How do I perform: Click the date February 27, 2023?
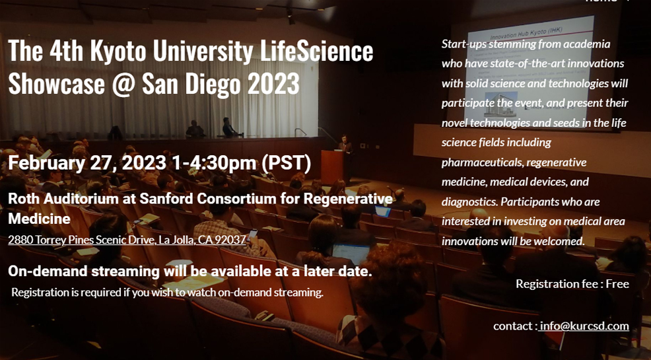87,163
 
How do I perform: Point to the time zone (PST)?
288,163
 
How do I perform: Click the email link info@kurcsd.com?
584,326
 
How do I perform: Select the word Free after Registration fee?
617,283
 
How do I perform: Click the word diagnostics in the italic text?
469,202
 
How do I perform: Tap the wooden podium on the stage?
331,166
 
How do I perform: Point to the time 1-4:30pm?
214,163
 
